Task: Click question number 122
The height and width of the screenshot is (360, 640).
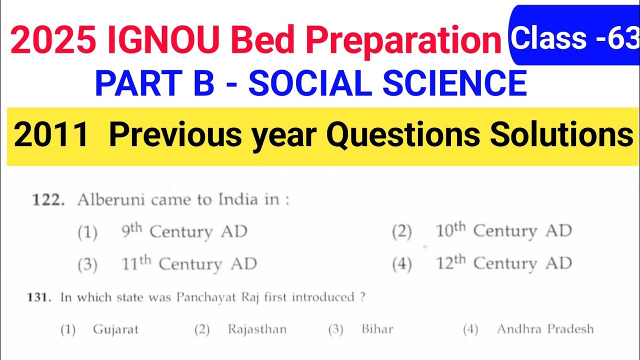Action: (x=48, y=200)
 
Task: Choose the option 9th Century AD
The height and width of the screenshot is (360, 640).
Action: (x=184, y=232)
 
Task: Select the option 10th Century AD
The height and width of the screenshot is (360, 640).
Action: (x=503, y=231)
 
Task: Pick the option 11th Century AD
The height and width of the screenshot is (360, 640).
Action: (x=189, y=264)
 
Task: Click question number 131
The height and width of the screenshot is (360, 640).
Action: (x=39, y=297)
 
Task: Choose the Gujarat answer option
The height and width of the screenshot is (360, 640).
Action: (x=115, y=329)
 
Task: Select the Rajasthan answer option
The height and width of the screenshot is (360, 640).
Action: (x=257, y=329)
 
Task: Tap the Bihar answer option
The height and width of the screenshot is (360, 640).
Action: (x=377, y=329)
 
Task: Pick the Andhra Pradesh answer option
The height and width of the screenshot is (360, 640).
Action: (x=545, y=329)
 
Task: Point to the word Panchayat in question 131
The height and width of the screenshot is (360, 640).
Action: (x=199, y=297)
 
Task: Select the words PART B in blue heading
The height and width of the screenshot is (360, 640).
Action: (x=154, y=83)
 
